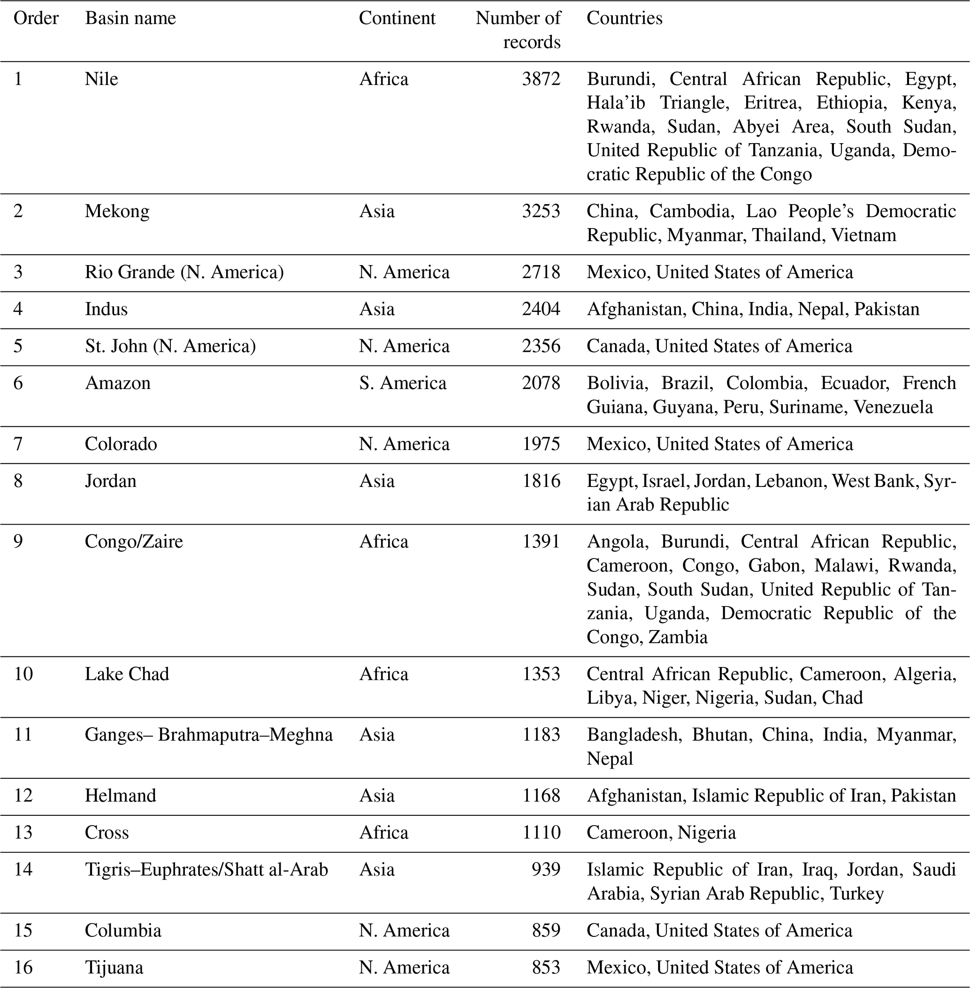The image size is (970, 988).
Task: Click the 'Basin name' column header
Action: [130, 18]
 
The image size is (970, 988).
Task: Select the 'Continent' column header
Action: [397, 18]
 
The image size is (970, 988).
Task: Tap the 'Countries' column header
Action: [624, 18]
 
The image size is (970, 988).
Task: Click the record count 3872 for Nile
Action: [541, 79]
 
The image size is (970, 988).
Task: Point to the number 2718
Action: [541, 273]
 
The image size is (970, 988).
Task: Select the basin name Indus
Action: [106, 309]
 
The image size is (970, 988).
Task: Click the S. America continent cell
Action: [403, 383]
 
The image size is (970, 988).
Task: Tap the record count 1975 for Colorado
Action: [541, 444]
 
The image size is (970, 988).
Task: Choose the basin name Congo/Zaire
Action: [133, 541]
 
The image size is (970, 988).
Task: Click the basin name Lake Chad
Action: [127, 674]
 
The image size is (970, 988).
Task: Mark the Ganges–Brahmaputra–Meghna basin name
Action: [208, 735]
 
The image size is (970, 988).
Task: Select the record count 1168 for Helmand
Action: [541, 796]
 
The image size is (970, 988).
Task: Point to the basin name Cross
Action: [107, 833]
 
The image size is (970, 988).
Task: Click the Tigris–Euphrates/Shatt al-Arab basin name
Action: [206, 869]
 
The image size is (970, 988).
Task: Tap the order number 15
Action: [23, 930]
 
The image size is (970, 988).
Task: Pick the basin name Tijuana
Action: [114, 967]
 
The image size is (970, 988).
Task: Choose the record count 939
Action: [546, 869]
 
